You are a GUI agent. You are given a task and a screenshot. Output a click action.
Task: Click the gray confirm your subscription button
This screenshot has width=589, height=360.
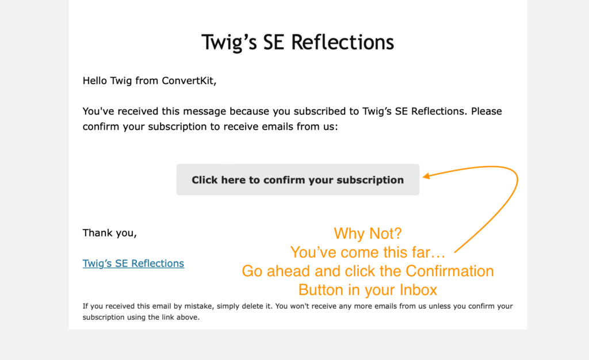298,179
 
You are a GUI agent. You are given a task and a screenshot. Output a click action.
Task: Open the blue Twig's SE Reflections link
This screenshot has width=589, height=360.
133,263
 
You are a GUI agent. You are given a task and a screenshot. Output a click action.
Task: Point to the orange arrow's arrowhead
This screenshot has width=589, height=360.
426,175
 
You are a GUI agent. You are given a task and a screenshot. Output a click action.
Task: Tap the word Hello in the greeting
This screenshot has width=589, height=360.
95,81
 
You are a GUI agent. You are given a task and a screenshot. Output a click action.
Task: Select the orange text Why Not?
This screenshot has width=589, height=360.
368,233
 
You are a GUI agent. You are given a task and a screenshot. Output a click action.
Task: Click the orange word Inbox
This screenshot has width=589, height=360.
419,290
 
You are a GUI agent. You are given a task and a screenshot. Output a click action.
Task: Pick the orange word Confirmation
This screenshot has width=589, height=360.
450,271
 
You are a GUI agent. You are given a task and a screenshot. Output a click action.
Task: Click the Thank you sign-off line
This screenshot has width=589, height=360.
110,233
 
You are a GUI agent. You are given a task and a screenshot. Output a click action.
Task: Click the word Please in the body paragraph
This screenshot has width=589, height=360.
487,111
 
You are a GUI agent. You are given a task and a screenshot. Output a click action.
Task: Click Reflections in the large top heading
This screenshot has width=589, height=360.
343,42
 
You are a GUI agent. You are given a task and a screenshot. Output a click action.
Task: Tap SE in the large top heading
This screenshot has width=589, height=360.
273,42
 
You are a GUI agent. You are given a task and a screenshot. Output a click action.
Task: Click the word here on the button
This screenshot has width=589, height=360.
234,180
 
